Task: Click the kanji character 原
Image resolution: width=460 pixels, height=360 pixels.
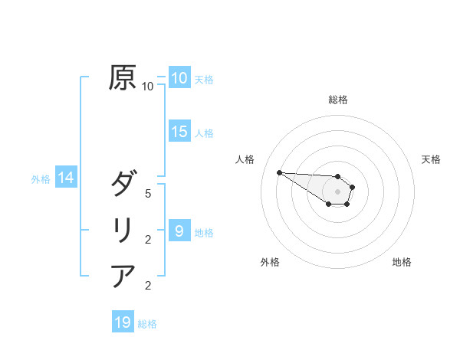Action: (123, 78)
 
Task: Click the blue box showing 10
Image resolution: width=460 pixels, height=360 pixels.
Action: (179, 78)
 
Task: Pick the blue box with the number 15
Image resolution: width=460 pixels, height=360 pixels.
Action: (179, 132)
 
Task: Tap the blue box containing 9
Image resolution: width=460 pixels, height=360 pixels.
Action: (179, 231)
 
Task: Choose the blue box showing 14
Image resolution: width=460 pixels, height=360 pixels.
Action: (66, 178)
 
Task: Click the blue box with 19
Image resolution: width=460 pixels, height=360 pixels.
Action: (123, 322)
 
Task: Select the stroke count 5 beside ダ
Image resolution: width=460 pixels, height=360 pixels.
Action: (148, 194)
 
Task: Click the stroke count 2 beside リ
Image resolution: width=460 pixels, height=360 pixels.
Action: (148, 240)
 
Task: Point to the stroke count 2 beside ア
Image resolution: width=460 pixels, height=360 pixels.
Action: (148, 286)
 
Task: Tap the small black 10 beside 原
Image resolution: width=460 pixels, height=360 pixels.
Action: (148, 87)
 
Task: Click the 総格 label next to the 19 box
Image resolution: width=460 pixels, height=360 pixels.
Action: (147, 324)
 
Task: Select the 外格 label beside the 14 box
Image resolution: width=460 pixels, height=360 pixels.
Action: (41, 179)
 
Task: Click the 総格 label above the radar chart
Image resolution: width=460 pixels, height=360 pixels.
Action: (338, 100)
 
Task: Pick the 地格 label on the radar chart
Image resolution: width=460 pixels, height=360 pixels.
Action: (402, 262)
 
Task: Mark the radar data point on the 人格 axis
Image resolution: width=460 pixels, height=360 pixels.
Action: (279, 172)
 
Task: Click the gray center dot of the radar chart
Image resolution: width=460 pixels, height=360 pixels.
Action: (338, 191)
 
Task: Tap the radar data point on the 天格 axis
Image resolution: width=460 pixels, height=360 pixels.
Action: (353, 187)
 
